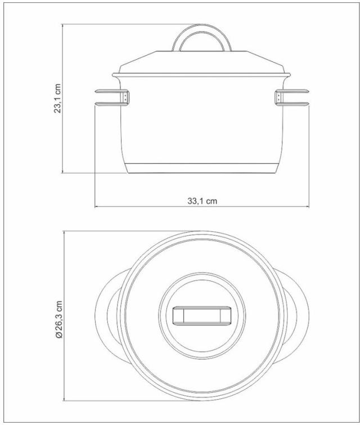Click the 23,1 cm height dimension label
point(58,98)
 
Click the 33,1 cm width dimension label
point(202,201)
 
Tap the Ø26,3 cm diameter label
point(58,319)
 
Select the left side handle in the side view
point(112,98)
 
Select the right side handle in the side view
point(292,98)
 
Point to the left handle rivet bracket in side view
point(125,97)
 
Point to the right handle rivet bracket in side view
point(278,97)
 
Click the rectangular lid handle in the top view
point(202,315)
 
